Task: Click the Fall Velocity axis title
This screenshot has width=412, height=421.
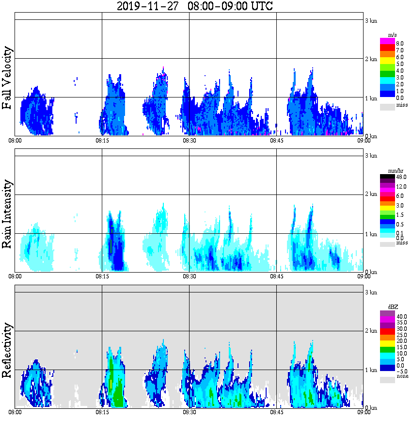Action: coord(7,78)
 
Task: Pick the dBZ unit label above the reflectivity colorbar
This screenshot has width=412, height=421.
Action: coord(393,307)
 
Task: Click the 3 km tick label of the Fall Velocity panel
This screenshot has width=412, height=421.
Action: coord(371,20)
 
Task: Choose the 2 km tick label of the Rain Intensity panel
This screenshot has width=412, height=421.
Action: coord(371,194)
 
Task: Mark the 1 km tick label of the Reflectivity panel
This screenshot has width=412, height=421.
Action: coord(371,370)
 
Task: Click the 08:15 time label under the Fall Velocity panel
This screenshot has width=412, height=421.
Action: coord(102,141)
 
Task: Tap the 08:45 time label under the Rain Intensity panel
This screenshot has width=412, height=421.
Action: coord(276,276)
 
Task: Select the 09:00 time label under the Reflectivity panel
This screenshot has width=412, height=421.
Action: coord(364,412)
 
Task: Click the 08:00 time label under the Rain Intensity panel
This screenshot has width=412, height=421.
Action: coord(15,276)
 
